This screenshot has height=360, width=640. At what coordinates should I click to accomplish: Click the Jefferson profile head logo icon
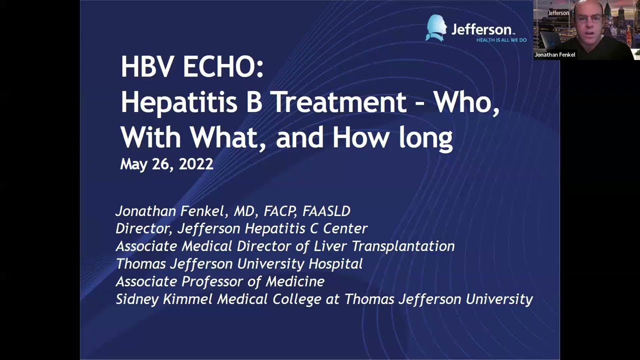(436, 28)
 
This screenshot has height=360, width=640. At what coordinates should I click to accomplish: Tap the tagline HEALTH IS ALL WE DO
(501, 40)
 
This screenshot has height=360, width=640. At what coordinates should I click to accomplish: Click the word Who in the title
(465, 102)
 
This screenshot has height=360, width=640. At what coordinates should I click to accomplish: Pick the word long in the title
(425, 137)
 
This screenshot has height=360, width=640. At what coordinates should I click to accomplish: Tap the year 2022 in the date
(196, 164)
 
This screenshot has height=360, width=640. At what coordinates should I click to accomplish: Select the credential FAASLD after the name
(326, 211)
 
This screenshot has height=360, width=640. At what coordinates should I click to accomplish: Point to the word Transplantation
(403, 246)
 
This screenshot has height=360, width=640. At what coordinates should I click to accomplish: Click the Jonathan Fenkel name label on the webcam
(555, 54)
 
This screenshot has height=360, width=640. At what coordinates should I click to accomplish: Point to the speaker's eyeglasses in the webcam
(589, 19)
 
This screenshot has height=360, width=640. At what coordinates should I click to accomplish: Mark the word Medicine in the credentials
(295, 281)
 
